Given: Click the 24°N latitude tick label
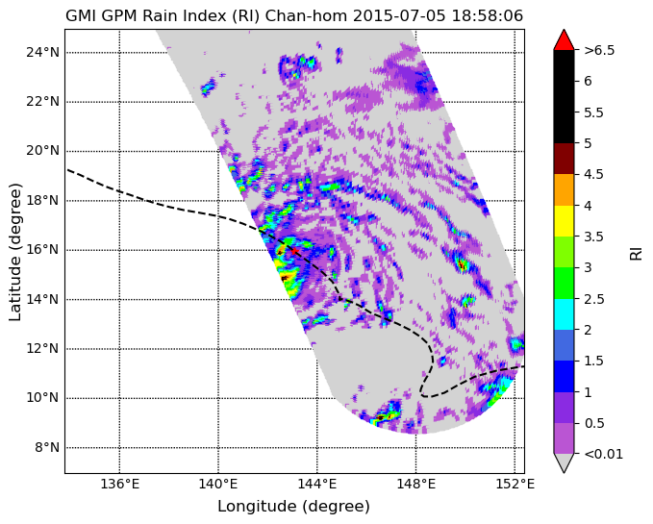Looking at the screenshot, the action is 42,53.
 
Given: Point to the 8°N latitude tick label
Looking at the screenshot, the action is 46,448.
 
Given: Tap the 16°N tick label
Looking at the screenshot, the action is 42,250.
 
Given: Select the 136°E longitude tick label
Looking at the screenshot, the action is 120,485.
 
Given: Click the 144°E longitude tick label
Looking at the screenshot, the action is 317,485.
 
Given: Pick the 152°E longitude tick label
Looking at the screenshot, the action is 515,485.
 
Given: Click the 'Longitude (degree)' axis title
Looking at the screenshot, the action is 293,507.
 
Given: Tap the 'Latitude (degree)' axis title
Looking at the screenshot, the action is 15,252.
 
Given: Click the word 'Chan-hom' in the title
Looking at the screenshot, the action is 306,15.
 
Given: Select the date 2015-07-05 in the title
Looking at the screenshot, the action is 399,15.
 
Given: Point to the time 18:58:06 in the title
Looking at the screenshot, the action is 488,15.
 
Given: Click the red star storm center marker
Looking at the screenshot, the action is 294,251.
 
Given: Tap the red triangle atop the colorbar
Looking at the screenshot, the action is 564,40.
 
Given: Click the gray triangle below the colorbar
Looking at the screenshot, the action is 564,462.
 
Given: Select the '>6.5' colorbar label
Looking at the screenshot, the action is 599,50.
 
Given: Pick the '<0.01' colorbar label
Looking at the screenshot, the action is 603,454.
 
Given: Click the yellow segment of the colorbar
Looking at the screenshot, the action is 564,221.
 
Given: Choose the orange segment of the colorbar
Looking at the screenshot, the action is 564,189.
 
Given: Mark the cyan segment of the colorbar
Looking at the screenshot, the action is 564,314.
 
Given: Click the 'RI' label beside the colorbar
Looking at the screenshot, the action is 636,252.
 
